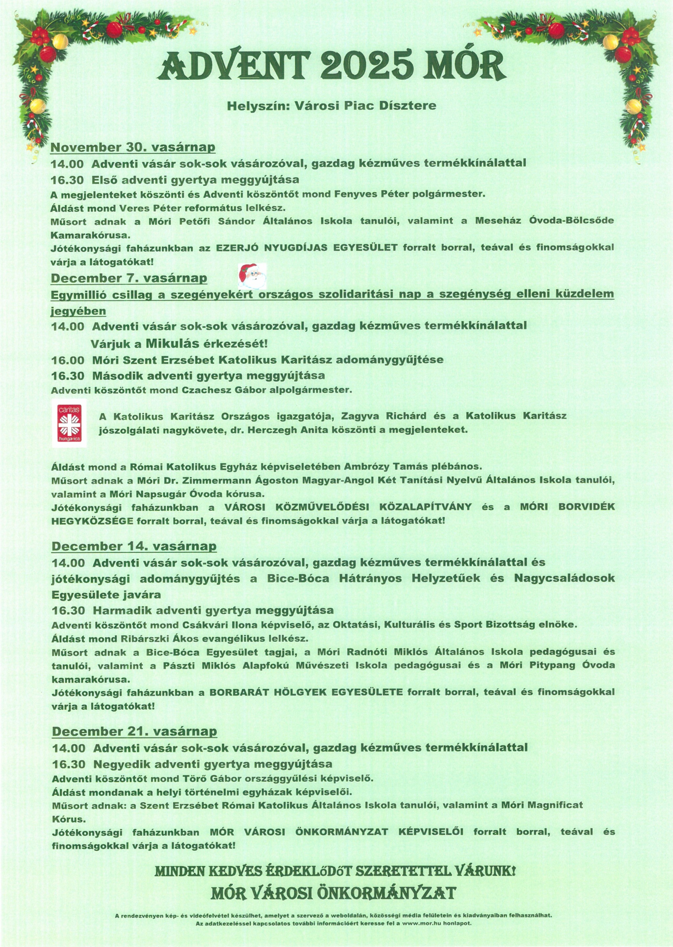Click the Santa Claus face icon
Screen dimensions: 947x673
252,275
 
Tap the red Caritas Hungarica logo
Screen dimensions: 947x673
69,423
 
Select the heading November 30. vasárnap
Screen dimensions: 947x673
133,148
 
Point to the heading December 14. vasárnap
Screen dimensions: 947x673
134,546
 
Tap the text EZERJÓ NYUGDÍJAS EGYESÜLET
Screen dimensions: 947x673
307,248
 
